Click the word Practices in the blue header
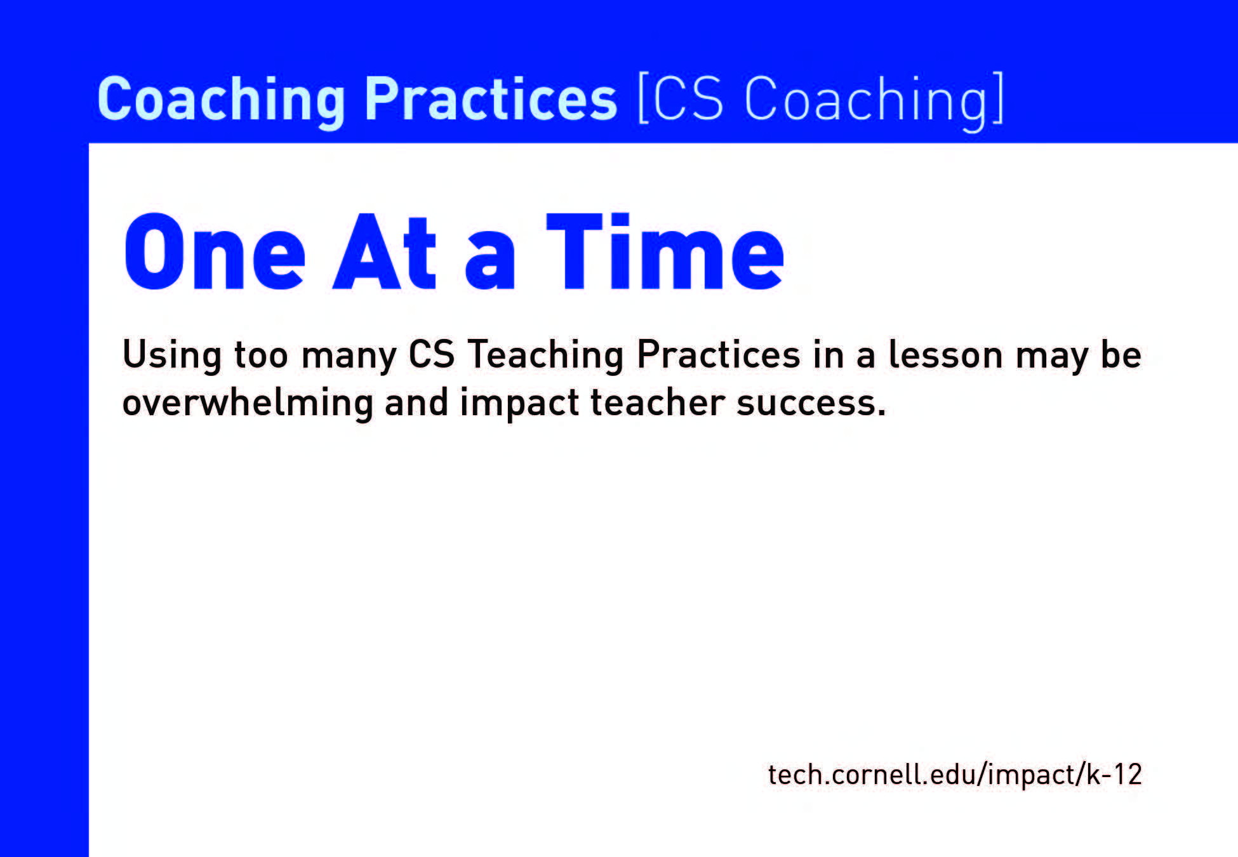[x=490, y=98]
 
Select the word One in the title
[x=215, y=252]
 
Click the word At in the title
[x=385, y=252]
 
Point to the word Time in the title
[x=665, y=252]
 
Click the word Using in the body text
[x=172, y=355]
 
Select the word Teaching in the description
[x=545, y=355]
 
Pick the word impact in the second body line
[x=519, y=403]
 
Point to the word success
[x=811, y=403]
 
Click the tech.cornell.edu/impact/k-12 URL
[x=955, y=774]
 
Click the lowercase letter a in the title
[x=490, y=262]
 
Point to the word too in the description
[x=261, y=355]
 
